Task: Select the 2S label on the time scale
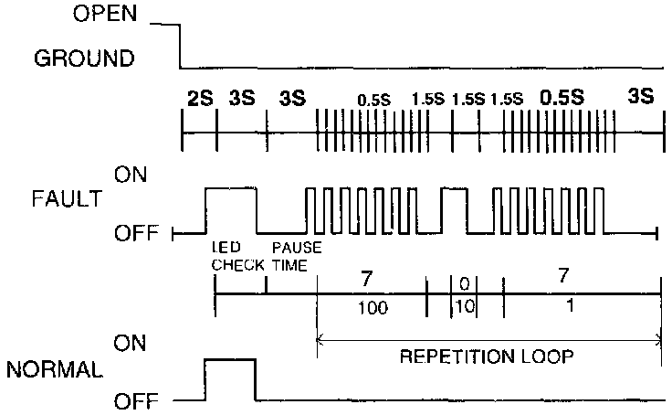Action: (200, 98)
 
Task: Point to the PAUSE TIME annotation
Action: (297, 256)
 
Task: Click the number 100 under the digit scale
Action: (373, 308)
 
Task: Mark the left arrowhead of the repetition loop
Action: (320, 339)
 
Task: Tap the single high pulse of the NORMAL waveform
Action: (228, 359)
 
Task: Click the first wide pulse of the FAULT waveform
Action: (231, 188)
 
